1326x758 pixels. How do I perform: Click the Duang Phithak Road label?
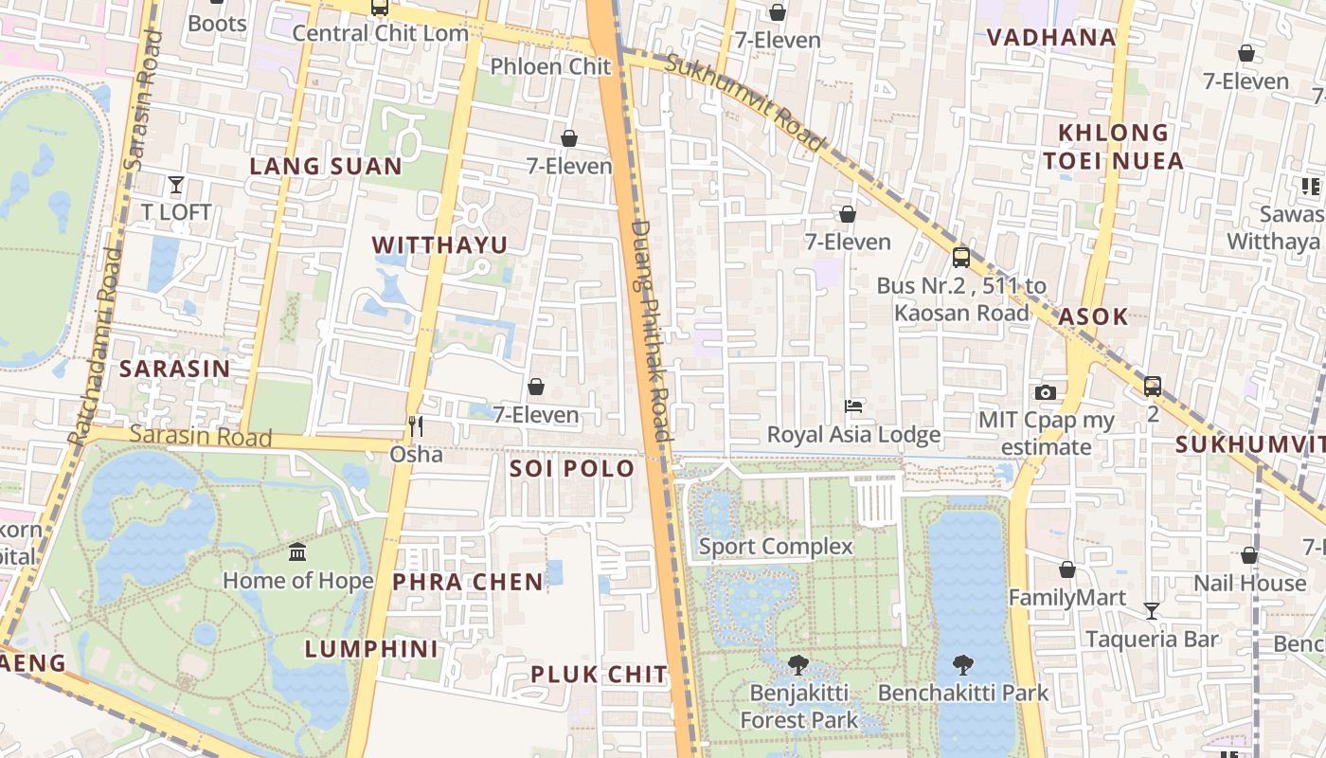(x=651, y=327)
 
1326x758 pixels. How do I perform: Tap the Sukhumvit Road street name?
(x=744, y=102)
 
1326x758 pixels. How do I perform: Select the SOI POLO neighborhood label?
(x=572, y=469)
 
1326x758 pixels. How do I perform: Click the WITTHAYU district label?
(x=439, y=245)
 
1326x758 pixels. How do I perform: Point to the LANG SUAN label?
(x=326, y=167)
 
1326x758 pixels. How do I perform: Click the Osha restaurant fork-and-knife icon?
(x=415, y=426)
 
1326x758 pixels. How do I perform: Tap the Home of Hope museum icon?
(x=297, y=551)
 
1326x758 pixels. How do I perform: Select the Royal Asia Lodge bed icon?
(x=853, y=406)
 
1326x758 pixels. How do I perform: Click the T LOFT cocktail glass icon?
(x=175, y=184)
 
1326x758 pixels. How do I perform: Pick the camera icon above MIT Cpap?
(x=1046, y=392)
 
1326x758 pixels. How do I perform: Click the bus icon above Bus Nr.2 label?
(x=961, y=257)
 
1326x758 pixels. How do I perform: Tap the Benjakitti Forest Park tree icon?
(x=798, y=664)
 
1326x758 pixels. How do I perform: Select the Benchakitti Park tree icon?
(x=963, y=664)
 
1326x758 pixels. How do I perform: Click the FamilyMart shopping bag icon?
(x=1067, y=569)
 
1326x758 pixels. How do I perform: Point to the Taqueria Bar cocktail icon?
(x=1152, y=611)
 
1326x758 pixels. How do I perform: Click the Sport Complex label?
(x=776, y=547)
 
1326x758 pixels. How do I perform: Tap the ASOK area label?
(x=1093, y=316)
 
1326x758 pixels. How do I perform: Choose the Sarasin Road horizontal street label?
(x=201, y=436)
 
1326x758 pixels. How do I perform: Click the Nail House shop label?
(x=1249, y=583)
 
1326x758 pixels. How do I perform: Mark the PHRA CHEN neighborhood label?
(x=468, y=582)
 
